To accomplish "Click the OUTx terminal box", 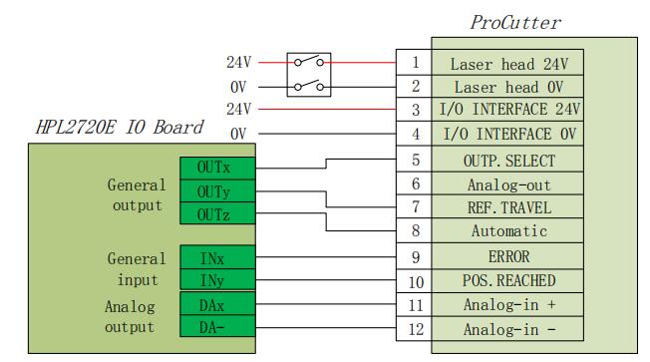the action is pyautogui.click(x=217, y=168).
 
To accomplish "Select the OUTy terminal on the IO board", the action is pyautogui.click(x=217, y=191).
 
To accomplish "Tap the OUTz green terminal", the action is pyautogui.click(x=217, y=213).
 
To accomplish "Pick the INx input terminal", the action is pyautogui.click(x=217, y=257).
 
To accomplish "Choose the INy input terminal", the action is pyautogui.click(x=217, y=279).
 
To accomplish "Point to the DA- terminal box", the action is pyautogui.click(x=217, y=326).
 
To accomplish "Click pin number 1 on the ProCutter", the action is pyautogui.click(x=414, y=62).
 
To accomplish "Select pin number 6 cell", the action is pyautogui.click(x=414, y=183).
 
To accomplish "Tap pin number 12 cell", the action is pyautogui.click(x=414, y=329).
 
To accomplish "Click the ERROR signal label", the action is pyautogui.click(x=508, y=256).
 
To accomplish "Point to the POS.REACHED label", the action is pyautogui.click(x=508, y=281).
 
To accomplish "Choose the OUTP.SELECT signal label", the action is pyautogui.click(x=508, y=161).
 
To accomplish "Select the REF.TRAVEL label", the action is pyautogui.click(x=508, y=207).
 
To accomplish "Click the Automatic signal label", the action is pyautogui.click(x=508, y=231).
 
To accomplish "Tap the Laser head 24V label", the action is pyautogui.click(x=508, y=64).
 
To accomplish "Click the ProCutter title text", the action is pyautogui.click(x=515, y=23).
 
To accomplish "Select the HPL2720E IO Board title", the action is pyautogui.click(x=120, y=127).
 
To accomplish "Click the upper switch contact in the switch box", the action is pyautogui.click(x=309, y=62).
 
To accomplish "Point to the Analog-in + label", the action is pyautogui.click(x=508, y=305).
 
